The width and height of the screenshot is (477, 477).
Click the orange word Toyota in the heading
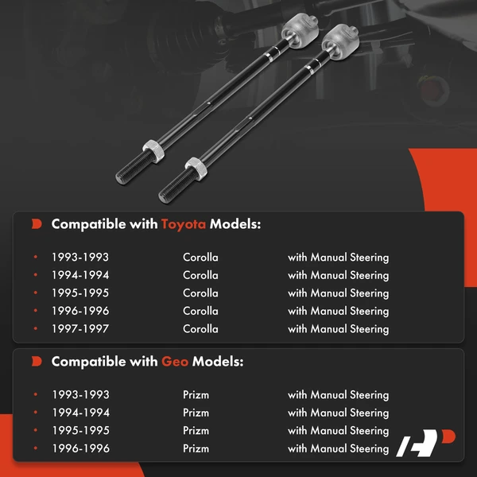point(184,224)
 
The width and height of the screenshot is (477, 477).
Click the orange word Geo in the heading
point(175,362)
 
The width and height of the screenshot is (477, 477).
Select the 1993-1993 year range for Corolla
point(80,258)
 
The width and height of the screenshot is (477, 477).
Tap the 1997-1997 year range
point(80,329)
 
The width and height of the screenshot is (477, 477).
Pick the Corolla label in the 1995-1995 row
point(200,293)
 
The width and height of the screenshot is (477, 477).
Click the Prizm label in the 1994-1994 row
point(196,413)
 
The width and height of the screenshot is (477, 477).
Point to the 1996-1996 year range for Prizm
point(81,448)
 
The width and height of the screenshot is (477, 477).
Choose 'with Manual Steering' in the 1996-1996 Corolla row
point(339,311)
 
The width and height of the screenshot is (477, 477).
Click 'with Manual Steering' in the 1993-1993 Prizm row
point(339,395)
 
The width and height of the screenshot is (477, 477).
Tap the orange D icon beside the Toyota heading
point(37,224)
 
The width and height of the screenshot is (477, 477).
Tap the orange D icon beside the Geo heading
point(37,362)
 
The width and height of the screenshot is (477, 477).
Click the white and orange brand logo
point(425,443)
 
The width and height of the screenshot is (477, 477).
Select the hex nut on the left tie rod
point(153,151)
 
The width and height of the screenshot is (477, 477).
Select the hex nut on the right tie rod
point(196,169)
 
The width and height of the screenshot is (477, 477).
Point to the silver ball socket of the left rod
point(300,30)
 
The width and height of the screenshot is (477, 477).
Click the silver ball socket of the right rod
point(340,41)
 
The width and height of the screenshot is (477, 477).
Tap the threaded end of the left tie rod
point(134,168)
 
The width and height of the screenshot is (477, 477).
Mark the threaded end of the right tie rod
point(176,185)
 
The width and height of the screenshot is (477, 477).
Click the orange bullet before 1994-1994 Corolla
point(36,275)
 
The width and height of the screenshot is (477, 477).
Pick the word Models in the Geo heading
point(218,362)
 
